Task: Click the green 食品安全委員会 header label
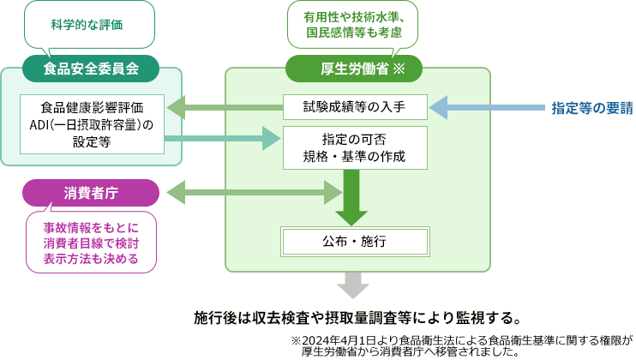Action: coord(91,67)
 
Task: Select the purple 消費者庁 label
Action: coord(91,192)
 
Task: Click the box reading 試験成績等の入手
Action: coord(353,107)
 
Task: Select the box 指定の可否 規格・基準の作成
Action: coord(353,147)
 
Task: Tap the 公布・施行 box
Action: coord(353,241)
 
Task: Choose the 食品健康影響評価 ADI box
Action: coord(92,125)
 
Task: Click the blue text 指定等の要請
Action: coord(592,108)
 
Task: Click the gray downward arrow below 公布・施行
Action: coord(352,284)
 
